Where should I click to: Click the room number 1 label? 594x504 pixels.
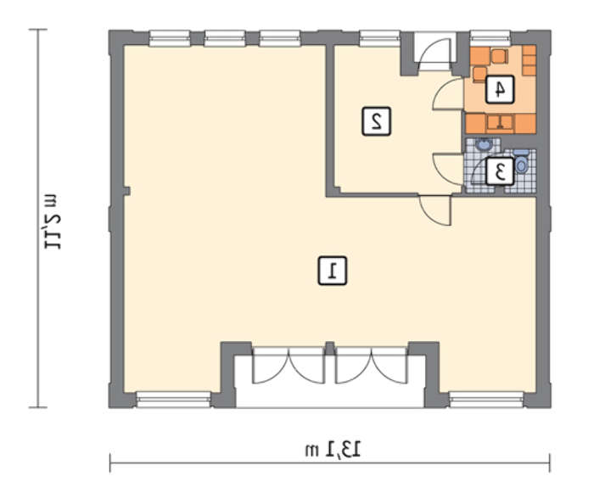(333, 271)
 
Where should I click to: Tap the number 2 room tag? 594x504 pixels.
(376, 121)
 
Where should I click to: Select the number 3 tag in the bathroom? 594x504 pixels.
(500, 171)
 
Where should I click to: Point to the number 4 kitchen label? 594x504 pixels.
(500, 89)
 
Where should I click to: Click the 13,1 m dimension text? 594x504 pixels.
(333, 450)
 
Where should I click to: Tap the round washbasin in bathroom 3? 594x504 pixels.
(483, 144)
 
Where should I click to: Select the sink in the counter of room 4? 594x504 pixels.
(500, 123)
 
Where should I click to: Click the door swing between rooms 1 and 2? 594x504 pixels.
(435, 210)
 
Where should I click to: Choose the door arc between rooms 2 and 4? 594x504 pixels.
(449, 94)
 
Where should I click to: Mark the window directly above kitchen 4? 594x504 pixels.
(490, 38)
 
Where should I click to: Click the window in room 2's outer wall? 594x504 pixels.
(379, 38)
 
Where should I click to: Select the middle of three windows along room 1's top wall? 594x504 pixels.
(225, 38)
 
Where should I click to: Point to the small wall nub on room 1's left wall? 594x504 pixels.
(126, 191)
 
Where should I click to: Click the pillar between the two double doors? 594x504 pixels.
(329, 349)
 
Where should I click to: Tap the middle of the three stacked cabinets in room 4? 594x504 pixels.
(529, 60)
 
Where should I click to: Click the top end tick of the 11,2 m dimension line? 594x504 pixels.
(38, 29)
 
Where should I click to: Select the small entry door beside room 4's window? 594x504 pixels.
(434, 53)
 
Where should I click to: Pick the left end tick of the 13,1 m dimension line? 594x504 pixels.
(109, 462)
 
